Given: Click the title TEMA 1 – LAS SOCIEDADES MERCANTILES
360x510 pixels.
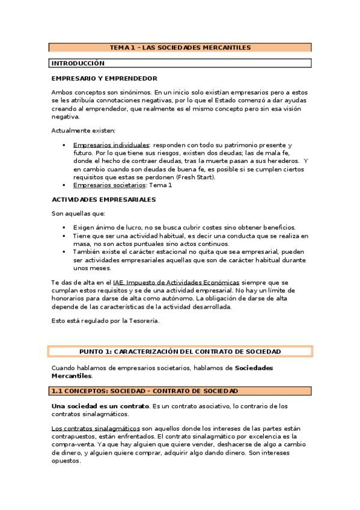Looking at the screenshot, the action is point(180,47).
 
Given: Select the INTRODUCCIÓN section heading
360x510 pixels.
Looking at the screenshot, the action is point(78,63).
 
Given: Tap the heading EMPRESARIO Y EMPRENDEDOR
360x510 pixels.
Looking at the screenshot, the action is point(105,79).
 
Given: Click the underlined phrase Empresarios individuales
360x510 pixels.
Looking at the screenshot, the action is point(111,146).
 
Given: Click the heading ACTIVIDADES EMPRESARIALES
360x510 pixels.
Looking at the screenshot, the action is point(103,199).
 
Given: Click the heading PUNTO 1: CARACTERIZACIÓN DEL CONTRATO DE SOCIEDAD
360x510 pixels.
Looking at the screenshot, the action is point(180,351).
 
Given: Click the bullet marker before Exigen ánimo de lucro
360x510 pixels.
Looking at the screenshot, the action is point(64,228).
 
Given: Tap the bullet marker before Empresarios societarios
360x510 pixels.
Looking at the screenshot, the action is point(64,185).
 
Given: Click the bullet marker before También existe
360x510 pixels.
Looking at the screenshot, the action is point(64,252).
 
